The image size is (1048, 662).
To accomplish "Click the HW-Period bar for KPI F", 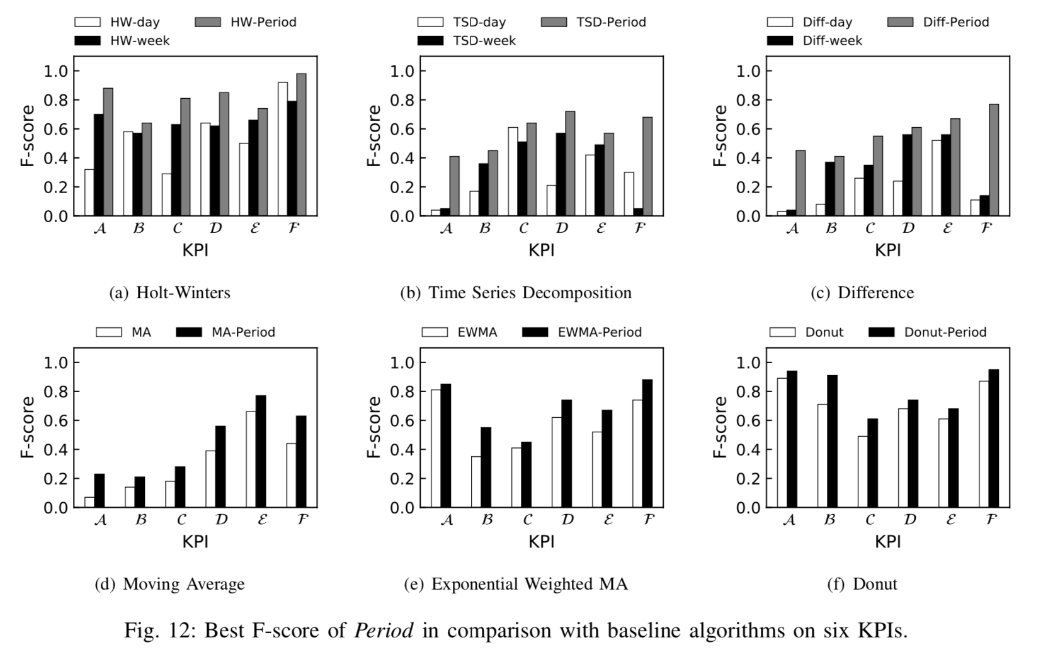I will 301,145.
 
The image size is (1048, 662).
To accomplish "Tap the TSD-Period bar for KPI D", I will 570,164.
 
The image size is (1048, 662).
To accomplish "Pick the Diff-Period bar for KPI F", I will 993,160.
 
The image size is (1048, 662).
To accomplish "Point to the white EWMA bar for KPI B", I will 476,481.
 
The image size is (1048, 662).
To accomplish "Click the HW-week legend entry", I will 122,40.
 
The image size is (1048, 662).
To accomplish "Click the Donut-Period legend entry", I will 927,332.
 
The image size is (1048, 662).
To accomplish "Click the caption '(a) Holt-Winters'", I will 169,293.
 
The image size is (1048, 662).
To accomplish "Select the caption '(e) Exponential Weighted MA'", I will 516,584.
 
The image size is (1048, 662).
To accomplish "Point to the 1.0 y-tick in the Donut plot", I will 749,362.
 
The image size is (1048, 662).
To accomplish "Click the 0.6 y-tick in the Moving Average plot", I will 55,420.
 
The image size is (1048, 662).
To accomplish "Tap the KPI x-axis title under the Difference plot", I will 887,250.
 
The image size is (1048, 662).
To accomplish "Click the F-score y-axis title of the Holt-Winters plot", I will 27,135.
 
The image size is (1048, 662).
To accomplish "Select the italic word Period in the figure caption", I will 384,630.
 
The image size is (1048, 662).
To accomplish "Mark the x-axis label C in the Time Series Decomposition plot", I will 523,228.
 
